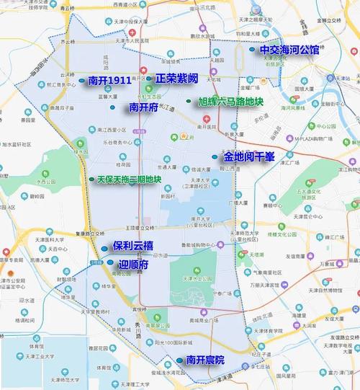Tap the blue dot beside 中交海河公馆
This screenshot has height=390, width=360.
[x=252, y=50]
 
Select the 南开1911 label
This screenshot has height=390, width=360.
[x=109, y=81]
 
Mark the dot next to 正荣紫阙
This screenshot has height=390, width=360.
[x=148, y=79]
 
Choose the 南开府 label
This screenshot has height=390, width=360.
[x=143, y=107]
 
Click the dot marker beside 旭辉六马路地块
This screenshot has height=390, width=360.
[x=189, y=102]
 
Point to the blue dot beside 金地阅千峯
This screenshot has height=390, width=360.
[x=215, y=156]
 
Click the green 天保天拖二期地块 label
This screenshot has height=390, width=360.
[x=130, y=180]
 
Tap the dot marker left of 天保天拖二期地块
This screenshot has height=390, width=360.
[x=91, y=180]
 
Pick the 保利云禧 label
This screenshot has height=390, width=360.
[x=138, y=247]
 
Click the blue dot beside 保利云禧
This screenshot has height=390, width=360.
[x=105, y=249]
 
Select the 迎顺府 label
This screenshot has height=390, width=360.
[x=134, y=265]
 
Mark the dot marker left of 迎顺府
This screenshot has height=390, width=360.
[x=110, y=263]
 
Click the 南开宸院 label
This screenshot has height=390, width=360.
[x=205, y=360]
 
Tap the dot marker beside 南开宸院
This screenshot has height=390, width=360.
[x=179, y=360]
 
